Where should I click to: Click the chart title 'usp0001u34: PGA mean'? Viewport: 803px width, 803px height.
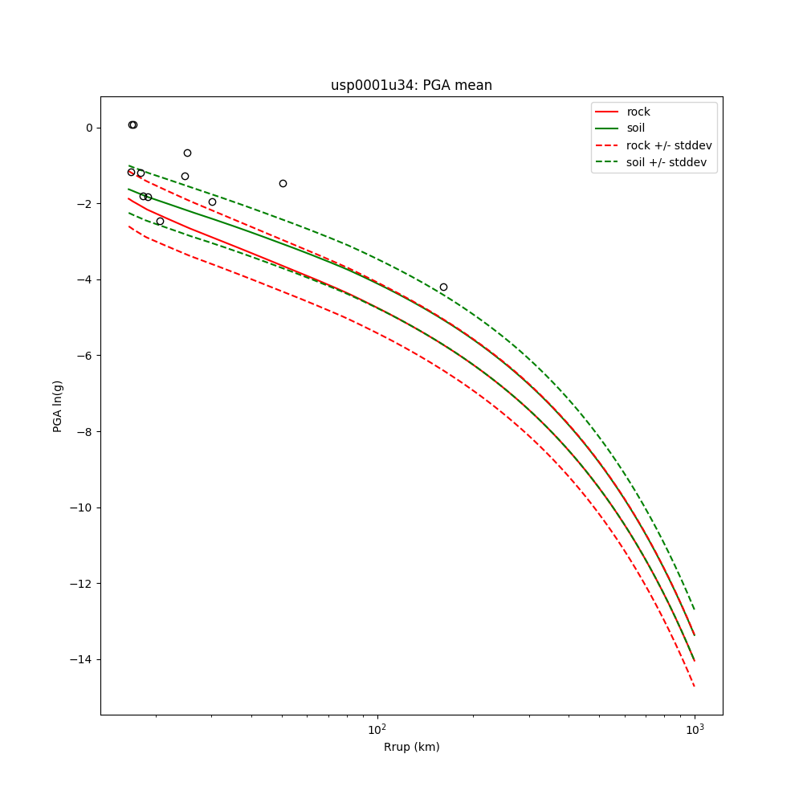(411, 85)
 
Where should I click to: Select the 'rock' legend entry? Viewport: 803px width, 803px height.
(638, 112)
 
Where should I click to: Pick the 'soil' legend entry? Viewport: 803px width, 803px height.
(635, 128)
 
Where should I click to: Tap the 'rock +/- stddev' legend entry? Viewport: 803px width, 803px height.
(669, 145)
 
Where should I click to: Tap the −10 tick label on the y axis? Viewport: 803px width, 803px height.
(82, 507)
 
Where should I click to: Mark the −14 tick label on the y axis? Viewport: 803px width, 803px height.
(82, 659)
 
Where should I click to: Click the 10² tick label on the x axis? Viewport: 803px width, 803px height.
(377, 729)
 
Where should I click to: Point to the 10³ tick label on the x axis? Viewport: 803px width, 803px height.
(695, 729)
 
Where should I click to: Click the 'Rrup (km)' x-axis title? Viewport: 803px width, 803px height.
(411, 747)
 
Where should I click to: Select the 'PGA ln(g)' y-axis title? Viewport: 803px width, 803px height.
(58, 406)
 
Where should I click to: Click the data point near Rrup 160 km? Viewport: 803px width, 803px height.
(443, 287)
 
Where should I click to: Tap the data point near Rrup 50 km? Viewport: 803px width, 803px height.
(283, 183)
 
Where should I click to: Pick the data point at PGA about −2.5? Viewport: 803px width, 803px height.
(160, 221)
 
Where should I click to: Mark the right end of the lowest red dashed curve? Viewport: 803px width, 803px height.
(694, 686)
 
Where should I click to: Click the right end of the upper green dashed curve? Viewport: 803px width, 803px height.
(694, 609)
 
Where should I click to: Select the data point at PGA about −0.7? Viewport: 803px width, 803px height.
(187, 153)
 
